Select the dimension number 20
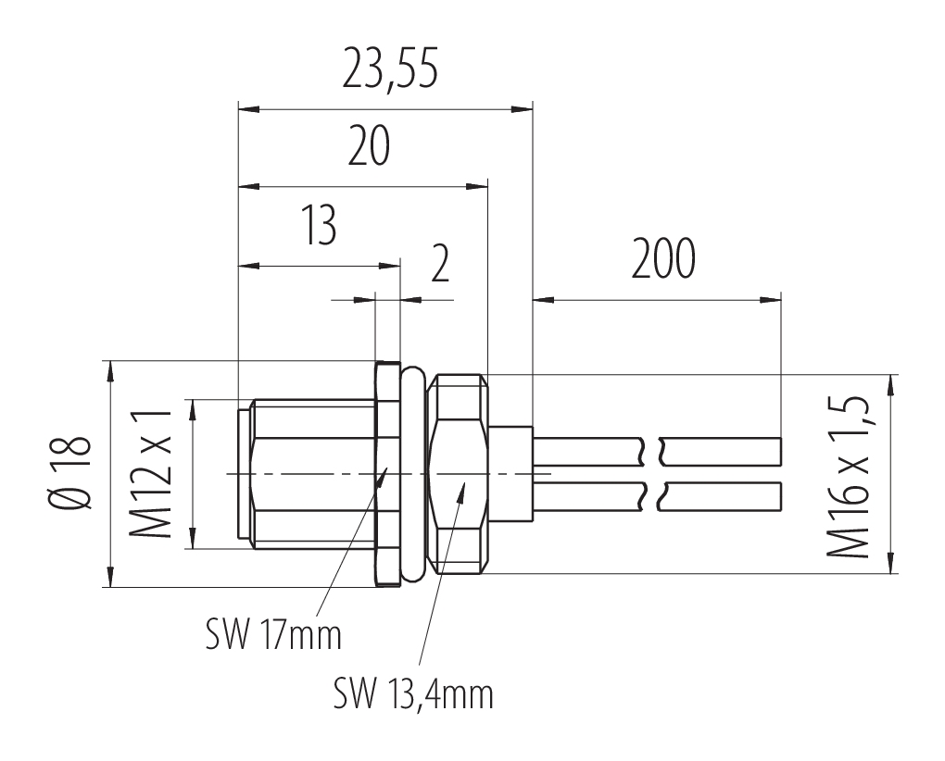click(x=369, y=147)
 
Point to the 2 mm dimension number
click(x=441, y=264)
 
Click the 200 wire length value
click(x=663, y=259)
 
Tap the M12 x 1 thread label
click(x=151, y=474)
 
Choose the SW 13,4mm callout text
click(x=413, y=694)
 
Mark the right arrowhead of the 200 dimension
click(x=770, y=299)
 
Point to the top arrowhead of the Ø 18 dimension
click(x=110, y=371)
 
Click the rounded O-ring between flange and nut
click(x=413, y=473)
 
